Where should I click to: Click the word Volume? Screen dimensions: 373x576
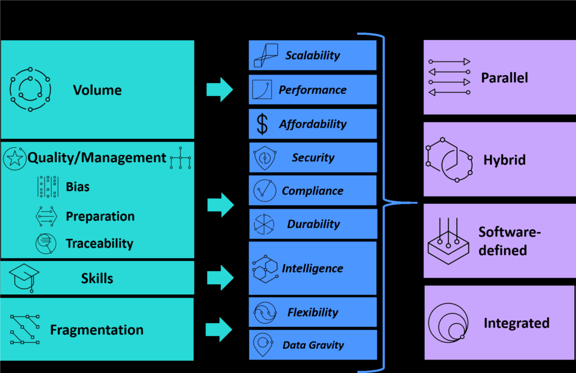pyautogui.click(x=97, y=90)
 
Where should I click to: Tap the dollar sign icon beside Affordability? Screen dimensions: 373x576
pyautogui.click(x=262, y=124)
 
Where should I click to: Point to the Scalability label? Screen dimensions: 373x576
pyautogui.click(x=312, y=55)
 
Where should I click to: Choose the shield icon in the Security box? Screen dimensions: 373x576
pyautogui.click(x=263, y=158)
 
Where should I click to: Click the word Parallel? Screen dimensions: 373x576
pyautogui.click(x=504, y=78)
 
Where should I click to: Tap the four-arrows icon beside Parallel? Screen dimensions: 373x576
pyautogui.click(x=449, y=77)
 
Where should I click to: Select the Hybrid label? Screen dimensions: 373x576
pyautogui.click(x=504, y=160)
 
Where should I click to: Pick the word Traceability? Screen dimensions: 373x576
pyautogui.click(x=100, y=243)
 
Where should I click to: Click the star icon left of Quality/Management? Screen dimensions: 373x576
pyautogui.click(x=14, y=158)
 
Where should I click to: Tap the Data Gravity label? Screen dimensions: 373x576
pyautogui.click(x=313, y=345)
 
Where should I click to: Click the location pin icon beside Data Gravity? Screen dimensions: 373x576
pyautogui.click(x=263, y=344)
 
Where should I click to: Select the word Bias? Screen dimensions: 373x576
pyautogui.click(x=78, y=186)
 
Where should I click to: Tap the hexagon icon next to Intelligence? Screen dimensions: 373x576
pyautogui.click(x=264, y=269)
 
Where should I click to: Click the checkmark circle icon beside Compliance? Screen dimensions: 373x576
pyautogui.click(x=264, y=191)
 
